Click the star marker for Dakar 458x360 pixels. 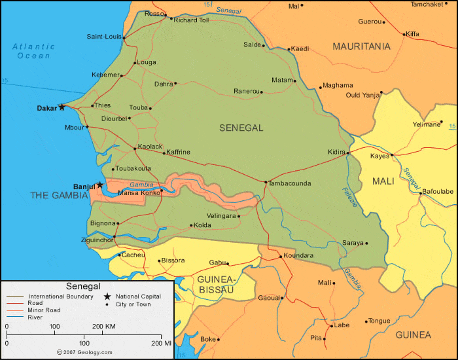pyautogui.click(x=62, y=107)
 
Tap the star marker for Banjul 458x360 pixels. pyautogui.click(x=99, y=185)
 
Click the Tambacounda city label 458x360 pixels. pyautogui.click(x=290, y=183)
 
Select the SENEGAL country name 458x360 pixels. pyautogui.click(x=241, y=128)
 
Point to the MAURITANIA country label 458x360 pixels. pyautogui.click(x=361, y=46)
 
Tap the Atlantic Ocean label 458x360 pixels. pyautogui.click(x=33, y=51)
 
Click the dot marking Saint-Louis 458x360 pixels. pyautogui.click(x=124, y=37)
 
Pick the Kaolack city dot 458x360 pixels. pyautogui.click(x=135, y=149)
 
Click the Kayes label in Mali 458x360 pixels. pyautogui.click(x=379, y=156)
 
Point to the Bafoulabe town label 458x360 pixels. pyautogui.click(x=438, y=191)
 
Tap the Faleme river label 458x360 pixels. pyautogui.click(x=350, y=197)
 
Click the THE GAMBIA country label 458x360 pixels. pyautogui.click(x=59, y=195)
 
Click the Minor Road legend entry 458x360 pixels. pyautogui.click(x=44, y=310)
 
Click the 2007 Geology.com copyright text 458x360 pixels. pyautogui.click(x=83, y=351)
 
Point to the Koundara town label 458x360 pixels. pyautogui.click(x=299, y=255)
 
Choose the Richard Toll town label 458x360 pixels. pyautogui.click(x=192, y=20)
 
